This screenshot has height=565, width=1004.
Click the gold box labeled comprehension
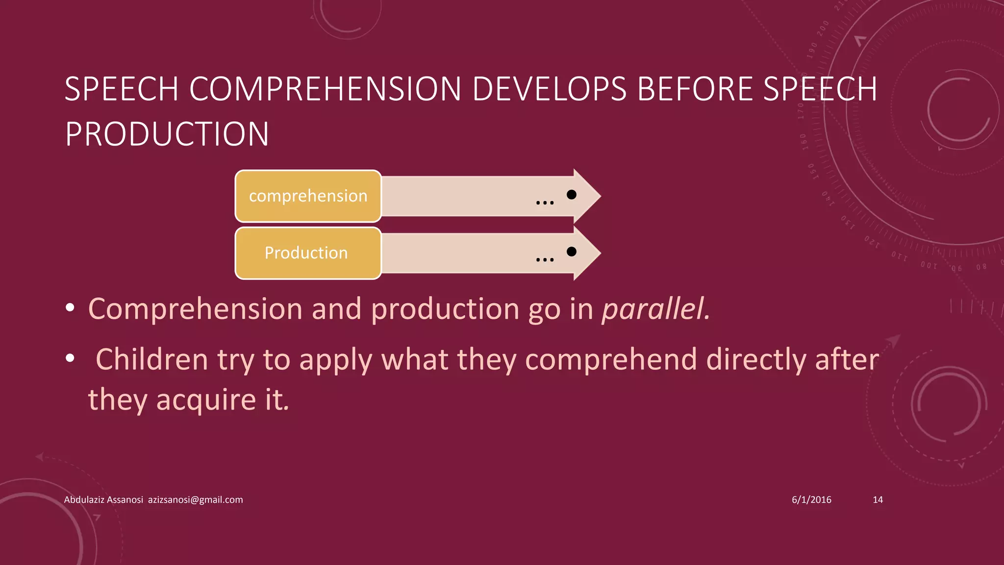click(308, 196)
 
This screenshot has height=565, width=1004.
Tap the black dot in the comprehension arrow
click(571, 195)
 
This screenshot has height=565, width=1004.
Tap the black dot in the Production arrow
click(571, 252)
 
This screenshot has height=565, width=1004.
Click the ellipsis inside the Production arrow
click(545, 259)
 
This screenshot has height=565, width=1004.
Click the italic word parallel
click(655, 309)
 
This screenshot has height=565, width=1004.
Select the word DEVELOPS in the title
click(549, 89)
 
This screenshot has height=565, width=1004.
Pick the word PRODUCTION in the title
click(167, 134)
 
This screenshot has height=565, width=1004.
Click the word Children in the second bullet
click(151, 360)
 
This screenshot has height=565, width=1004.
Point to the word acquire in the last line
click(206, 400)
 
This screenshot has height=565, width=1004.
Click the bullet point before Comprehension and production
click(70, 308)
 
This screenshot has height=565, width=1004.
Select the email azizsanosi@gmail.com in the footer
click(195, 500)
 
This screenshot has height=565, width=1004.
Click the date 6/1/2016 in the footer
click(811, 500)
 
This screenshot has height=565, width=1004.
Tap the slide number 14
click(878, 500)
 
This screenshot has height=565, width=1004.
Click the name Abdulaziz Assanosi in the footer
click(103, 500)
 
